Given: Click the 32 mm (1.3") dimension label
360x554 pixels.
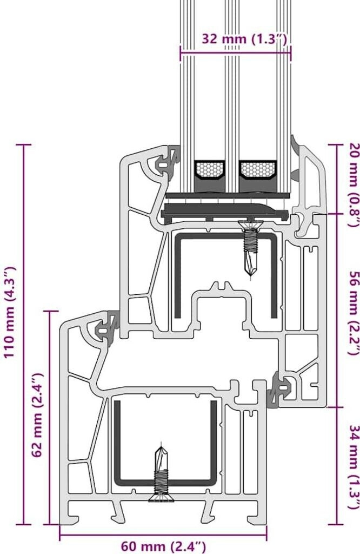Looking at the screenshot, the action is (x=244, y=39).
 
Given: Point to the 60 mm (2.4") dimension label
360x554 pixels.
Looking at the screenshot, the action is (x=163, y=546).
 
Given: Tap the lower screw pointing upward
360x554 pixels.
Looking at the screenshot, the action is (x=162, y=472).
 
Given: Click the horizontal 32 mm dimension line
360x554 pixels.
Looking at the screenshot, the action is (x=235, y=53).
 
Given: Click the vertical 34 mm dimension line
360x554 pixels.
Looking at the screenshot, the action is (x=336, y=465).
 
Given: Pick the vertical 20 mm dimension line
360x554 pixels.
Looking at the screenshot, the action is (x=336, y=179).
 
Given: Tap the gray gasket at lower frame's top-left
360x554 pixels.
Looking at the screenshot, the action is (x=104, y=327).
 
